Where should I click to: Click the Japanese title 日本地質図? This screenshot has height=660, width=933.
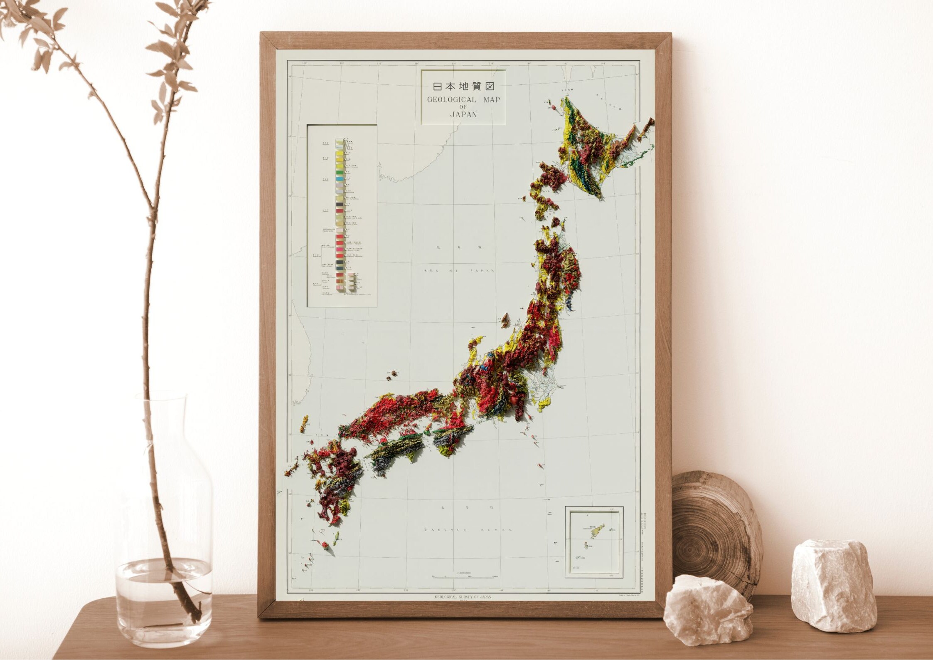click(x=463, y=87)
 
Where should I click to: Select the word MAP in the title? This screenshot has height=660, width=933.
click(x=492, y=100)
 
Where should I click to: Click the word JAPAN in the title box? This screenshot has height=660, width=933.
click(x=463, y=114)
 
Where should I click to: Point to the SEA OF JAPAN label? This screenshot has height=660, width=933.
click(x=459, y=270)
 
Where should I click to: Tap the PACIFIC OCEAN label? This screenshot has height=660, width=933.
click(x=467, y=530)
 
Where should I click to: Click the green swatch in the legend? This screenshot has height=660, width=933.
click(x=340, y=171)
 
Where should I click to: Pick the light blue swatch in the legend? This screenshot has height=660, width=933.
click(x=340, y=179)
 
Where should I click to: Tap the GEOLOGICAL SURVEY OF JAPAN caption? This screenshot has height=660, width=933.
click(x=463, y=597)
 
